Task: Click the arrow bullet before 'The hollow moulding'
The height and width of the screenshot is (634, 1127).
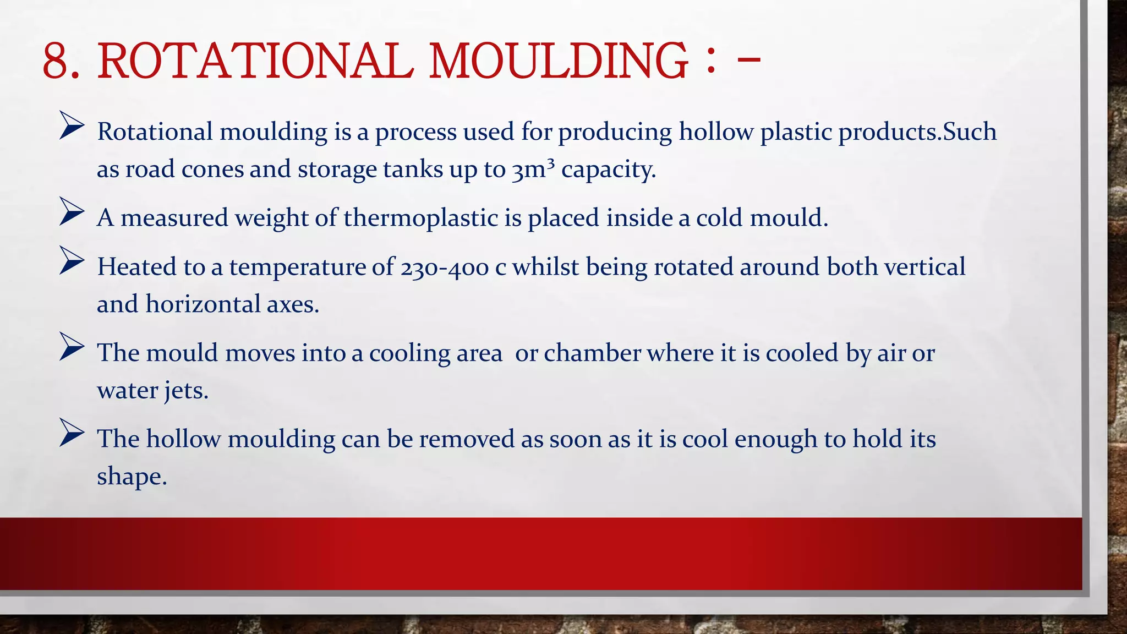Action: pyautogui.click(x=72, y=432)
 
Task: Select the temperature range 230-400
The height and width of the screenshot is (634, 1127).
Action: pyautogui.click(x=445, y=268)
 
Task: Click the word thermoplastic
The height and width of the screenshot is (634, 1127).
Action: pyautogui.click(x=421, y=218)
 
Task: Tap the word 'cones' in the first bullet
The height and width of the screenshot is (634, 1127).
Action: pyautogui.click(x=212, y=170)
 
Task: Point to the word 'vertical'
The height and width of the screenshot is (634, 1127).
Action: pyautogui.click(x=924, y=267)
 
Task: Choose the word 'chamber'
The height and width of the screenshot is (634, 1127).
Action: pyautogui.click(x=592, y=353)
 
